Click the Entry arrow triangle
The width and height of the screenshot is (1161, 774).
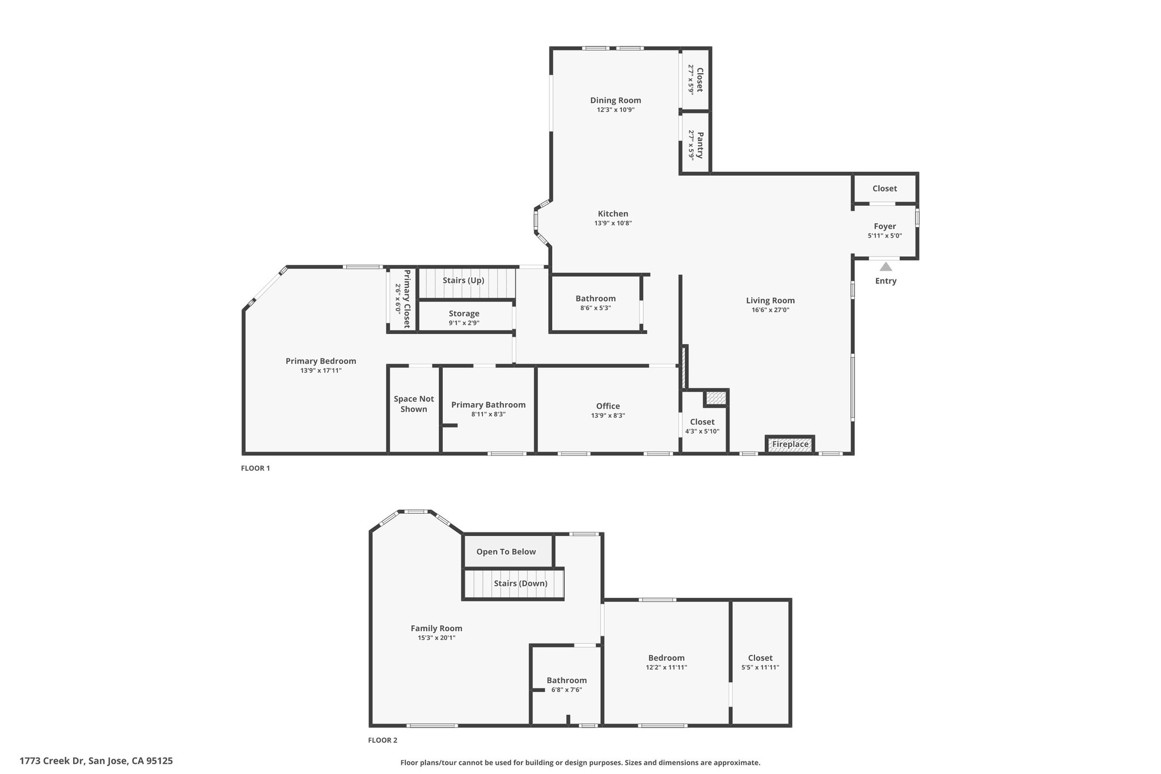click(885, 267)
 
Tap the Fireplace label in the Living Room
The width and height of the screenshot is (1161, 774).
click(790, 444)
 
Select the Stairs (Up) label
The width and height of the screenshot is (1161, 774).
click(463, 280)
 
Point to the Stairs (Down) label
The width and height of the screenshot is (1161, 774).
click(520, 583)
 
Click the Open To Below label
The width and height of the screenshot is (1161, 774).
click(506, 551)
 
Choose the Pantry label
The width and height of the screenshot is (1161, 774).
click(700, 145)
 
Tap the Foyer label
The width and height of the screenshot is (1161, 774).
click(884, 226)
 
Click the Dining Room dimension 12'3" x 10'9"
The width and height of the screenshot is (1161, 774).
click(615, 110)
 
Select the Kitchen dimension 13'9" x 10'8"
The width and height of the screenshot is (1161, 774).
click(613, 223)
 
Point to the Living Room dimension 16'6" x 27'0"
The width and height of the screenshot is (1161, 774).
click(770, 310)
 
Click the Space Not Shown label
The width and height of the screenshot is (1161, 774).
click(414, 404)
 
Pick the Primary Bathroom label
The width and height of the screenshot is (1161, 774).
click(488, 404)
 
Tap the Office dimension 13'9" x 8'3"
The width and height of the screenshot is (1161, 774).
click(608, 416)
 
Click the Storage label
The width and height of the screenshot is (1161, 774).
click(464, 314)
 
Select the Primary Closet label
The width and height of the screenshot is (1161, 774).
click(406, 299)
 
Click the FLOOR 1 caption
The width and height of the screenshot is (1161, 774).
click(256, 468)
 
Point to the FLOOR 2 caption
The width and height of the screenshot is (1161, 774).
click(383, 740)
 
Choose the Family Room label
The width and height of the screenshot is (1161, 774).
click(437, 628)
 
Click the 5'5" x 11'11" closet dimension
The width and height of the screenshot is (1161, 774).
click(760, 667)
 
